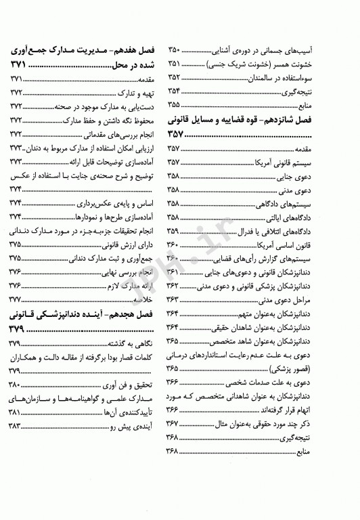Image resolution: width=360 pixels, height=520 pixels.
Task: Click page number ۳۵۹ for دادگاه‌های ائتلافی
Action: click(174, 231)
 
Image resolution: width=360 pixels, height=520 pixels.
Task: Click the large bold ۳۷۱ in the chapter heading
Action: click(21, 66)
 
